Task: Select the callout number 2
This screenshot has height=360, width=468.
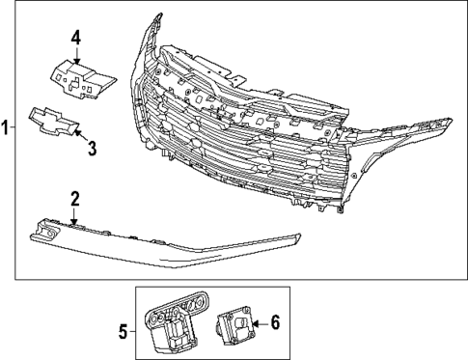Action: pyautogui.click(x=73, y=199)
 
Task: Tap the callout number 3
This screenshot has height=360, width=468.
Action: pyautogui.click(x=93, y=148)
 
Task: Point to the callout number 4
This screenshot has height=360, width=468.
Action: pyautogui.click(x=76, y=39)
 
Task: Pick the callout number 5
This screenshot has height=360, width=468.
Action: pyautogui.click(x=122, y=330)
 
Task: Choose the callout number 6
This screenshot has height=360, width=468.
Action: pyautogui.click(x=275, y=323)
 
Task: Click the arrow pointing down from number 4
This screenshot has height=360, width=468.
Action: pyautogui.click(x=76, y=57)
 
